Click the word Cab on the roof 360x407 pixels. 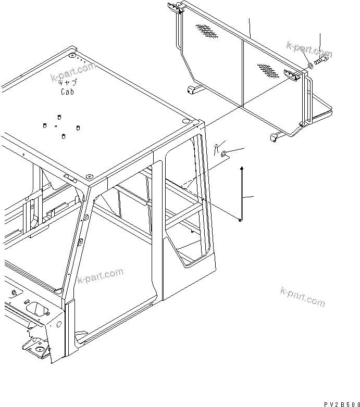[x=66, y=92]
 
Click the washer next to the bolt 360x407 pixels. [x=309, y=65]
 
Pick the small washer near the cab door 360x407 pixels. [x=223, y=154]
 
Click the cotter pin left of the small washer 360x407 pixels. [x=215, y=148]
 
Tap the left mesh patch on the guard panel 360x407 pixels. [x=207, y=32]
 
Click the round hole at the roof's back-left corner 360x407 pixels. [x=72, y=55]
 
